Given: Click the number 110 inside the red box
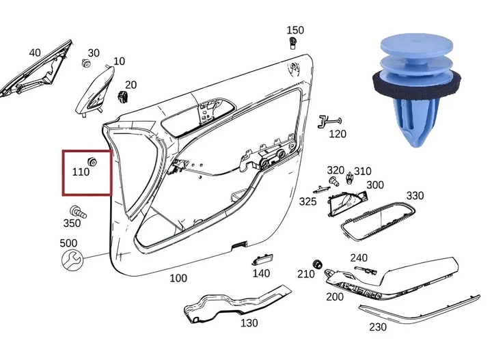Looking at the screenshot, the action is [81, 172].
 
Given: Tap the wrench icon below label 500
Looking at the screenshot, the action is [72, 260].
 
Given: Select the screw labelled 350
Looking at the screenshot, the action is [77, 212].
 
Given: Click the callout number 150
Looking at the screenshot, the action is [295, 30].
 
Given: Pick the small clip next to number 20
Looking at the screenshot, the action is [123, 96].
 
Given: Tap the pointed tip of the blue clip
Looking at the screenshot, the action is [417, 146].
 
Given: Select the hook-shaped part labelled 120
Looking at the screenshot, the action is [329, 122].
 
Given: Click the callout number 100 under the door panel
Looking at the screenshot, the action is [178, 278].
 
